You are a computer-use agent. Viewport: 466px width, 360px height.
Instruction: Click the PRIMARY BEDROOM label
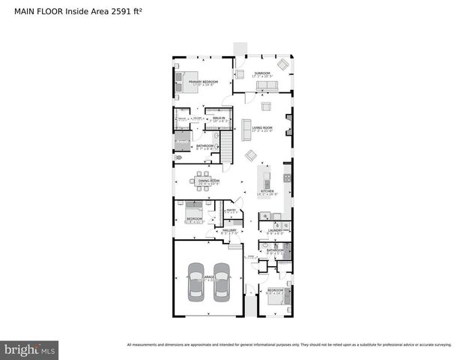click(x=203, y=81)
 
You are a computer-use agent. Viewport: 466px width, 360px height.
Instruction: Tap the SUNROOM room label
click(x=261, y=73)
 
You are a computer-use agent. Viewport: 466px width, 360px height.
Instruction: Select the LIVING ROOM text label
click(x=262, y=128)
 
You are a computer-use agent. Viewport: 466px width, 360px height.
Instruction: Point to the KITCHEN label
click(x=267, y=191)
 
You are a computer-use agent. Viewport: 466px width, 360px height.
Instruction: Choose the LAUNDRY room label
click(x=275, y=230)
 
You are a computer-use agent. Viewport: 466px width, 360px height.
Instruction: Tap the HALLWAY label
click(x=229, y=231)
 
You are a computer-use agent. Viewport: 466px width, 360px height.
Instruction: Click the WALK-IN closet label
click(x=220, y=118)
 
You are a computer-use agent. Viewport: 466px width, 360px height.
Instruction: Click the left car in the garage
click(x=196, y=283)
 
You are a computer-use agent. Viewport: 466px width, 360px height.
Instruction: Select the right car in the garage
click(x=221, y=283)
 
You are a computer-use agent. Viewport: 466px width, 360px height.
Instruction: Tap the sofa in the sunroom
click(x=266, y=85)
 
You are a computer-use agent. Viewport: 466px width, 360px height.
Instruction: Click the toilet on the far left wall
click(x=178, y=158)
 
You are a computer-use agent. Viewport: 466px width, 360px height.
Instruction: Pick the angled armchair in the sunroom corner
click(x=283, y=64)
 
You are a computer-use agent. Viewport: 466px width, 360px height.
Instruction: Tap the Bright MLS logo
click(x=30, y=349)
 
